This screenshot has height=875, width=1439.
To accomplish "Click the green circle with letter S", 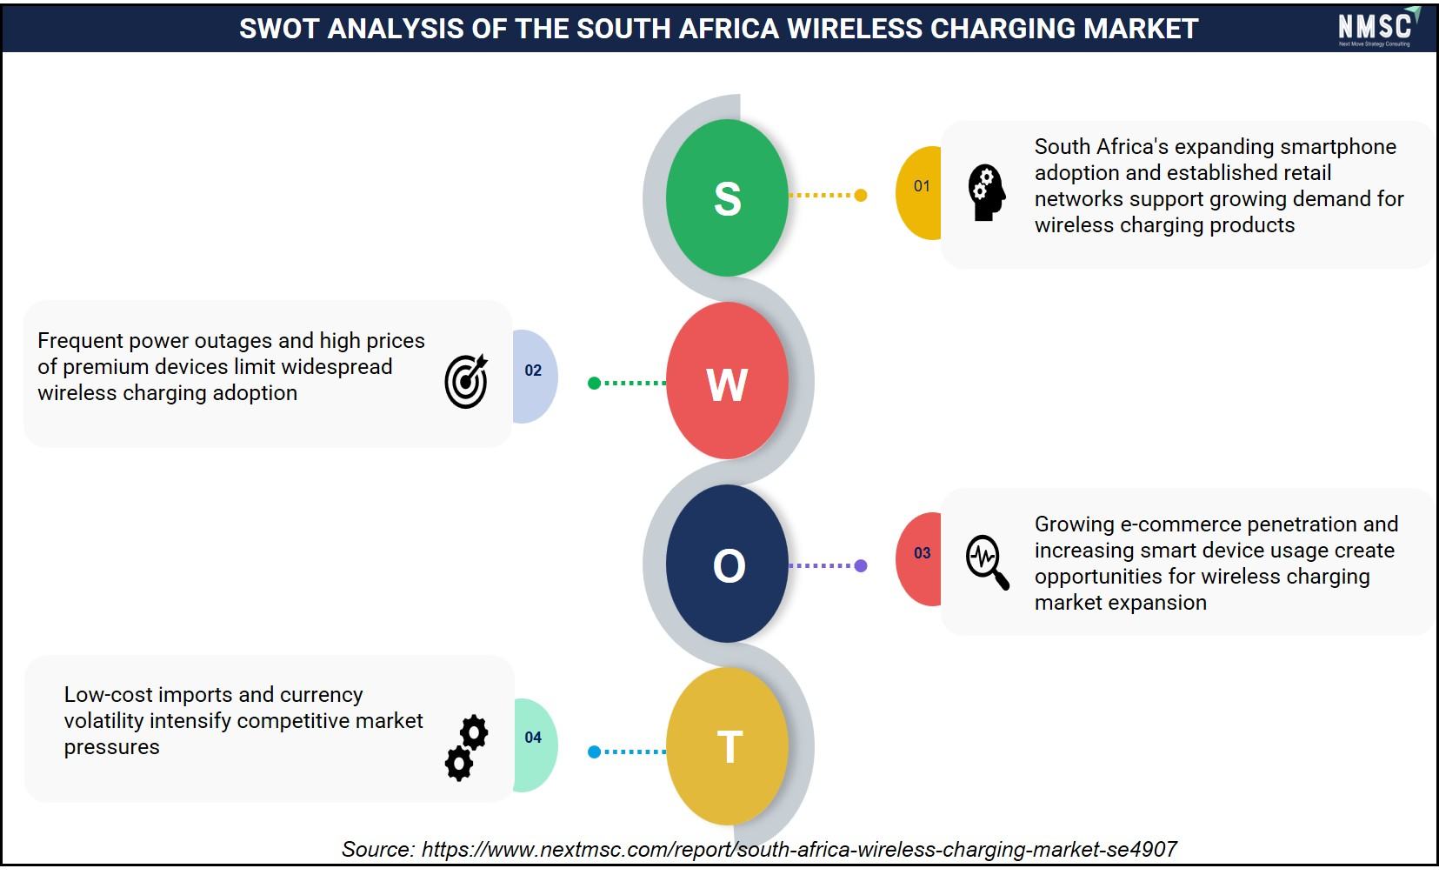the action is click(x=727, y=197).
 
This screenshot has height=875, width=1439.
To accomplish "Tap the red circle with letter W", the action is click(x=727, y=380).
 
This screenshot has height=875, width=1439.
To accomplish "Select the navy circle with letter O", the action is click(x=727, y=564).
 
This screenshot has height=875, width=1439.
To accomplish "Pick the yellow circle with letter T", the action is click(x=727, y=746).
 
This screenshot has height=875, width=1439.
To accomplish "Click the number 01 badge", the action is click(x=919, y=193).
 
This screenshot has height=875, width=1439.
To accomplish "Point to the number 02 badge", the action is click(x=535, y=377).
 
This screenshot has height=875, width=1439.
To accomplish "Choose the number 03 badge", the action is click(x=919, y=559).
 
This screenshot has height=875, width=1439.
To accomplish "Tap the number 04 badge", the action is click(x=535, y=745).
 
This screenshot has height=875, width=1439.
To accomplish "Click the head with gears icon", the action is click(x=986, y=193).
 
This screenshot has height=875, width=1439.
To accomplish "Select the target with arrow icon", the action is click(x=466, y=381).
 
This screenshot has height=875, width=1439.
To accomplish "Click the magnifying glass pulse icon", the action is click(x=988, y=562).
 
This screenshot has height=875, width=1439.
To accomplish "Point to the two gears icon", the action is click(x=467, y=748).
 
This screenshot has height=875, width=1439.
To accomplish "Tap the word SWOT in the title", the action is click(x=279, y=29).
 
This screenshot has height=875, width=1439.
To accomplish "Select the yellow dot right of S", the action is click(x=861, y=195).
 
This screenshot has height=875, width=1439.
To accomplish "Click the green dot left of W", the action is click(x=594, y=383).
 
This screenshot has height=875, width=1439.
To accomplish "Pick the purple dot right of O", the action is click(x=861, y=565).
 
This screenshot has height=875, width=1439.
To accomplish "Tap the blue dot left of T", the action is click(x=594, y=751).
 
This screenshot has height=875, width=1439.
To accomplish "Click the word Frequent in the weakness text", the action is click(x=80, y=341).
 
